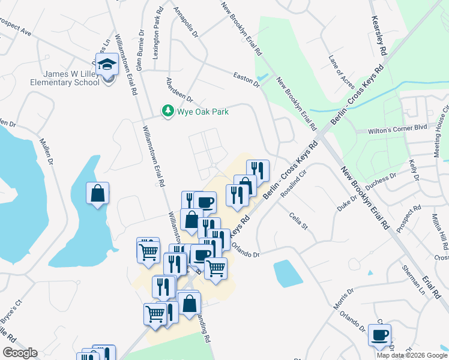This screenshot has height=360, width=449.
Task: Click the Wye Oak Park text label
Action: click(202, 112)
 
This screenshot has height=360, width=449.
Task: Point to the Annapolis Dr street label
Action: click(185, 25)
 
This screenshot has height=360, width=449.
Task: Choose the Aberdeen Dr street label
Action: click(179, 90)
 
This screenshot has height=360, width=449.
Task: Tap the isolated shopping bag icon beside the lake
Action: click(97, 193)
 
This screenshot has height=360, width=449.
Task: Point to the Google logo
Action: click(20, 353)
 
